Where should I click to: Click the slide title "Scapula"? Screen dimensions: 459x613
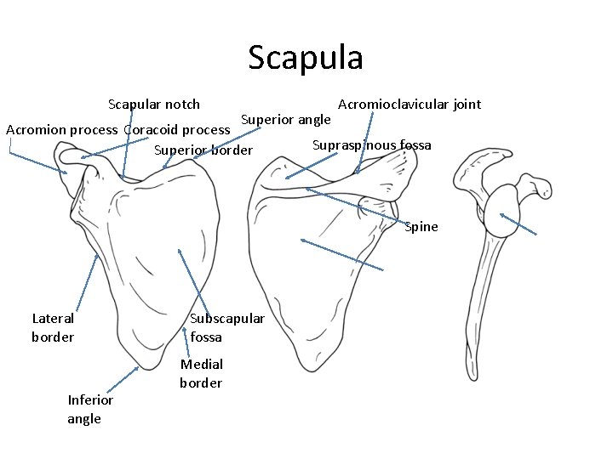pos(306,58)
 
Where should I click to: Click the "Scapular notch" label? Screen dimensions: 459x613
pos(154,105)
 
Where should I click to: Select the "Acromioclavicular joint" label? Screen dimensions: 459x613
pos(410,105)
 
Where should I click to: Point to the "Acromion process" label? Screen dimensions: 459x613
pos(61,130)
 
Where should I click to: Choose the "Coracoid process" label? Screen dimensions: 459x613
pos(177,130)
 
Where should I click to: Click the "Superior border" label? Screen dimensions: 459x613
pos(203,150)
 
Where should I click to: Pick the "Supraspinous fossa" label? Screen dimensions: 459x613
pos(371,144)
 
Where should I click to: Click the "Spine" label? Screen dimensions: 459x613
pos(421,227)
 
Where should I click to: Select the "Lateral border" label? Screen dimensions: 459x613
pos(53,327)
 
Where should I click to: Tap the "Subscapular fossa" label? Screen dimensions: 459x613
pos(226,327)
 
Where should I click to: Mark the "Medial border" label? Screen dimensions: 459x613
pos(202,373)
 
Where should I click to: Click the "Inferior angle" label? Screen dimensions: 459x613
pos(90,409)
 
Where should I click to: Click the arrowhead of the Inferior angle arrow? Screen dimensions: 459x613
pos(136,368)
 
